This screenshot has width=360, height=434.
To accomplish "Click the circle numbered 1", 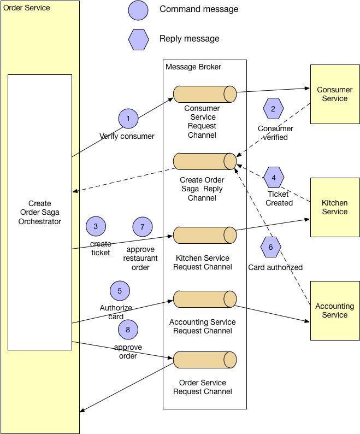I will tap(128, 119).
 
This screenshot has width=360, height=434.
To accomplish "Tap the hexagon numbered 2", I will tap(274, 108).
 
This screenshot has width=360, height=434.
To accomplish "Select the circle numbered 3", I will tap(96, 226).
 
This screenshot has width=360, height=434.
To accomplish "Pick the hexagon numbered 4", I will tap(274, 178).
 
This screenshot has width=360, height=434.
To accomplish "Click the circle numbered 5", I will tap(120, 291).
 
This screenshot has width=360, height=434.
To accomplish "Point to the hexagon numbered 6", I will tap(270, 247).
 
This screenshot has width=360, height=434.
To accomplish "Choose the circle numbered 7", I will tap(143, 226).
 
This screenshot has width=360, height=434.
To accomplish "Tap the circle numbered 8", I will tap(128, 330).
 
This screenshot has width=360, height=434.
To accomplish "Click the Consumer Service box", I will tap(335, 94).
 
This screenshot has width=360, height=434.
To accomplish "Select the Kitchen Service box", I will tap(335, 207).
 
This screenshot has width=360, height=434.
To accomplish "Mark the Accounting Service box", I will tap(335, 310).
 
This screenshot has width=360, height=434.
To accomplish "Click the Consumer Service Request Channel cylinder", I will tap(205, 94).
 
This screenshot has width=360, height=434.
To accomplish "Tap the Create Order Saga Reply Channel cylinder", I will tap(205, 161).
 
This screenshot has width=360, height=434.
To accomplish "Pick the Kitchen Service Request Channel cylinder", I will tap(205, 236).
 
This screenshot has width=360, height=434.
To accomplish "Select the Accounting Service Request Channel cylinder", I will tap(205, 299).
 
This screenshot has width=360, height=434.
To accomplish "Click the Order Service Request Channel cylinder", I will tap(205, 360).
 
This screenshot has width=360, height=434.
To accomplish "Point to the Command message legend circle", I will tap(138, 10).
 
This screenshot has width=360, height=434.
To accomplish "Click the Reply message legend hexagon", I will tap(138, 39).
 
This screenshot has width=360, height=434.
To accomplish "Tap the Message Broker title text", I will tap(193, 67).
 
